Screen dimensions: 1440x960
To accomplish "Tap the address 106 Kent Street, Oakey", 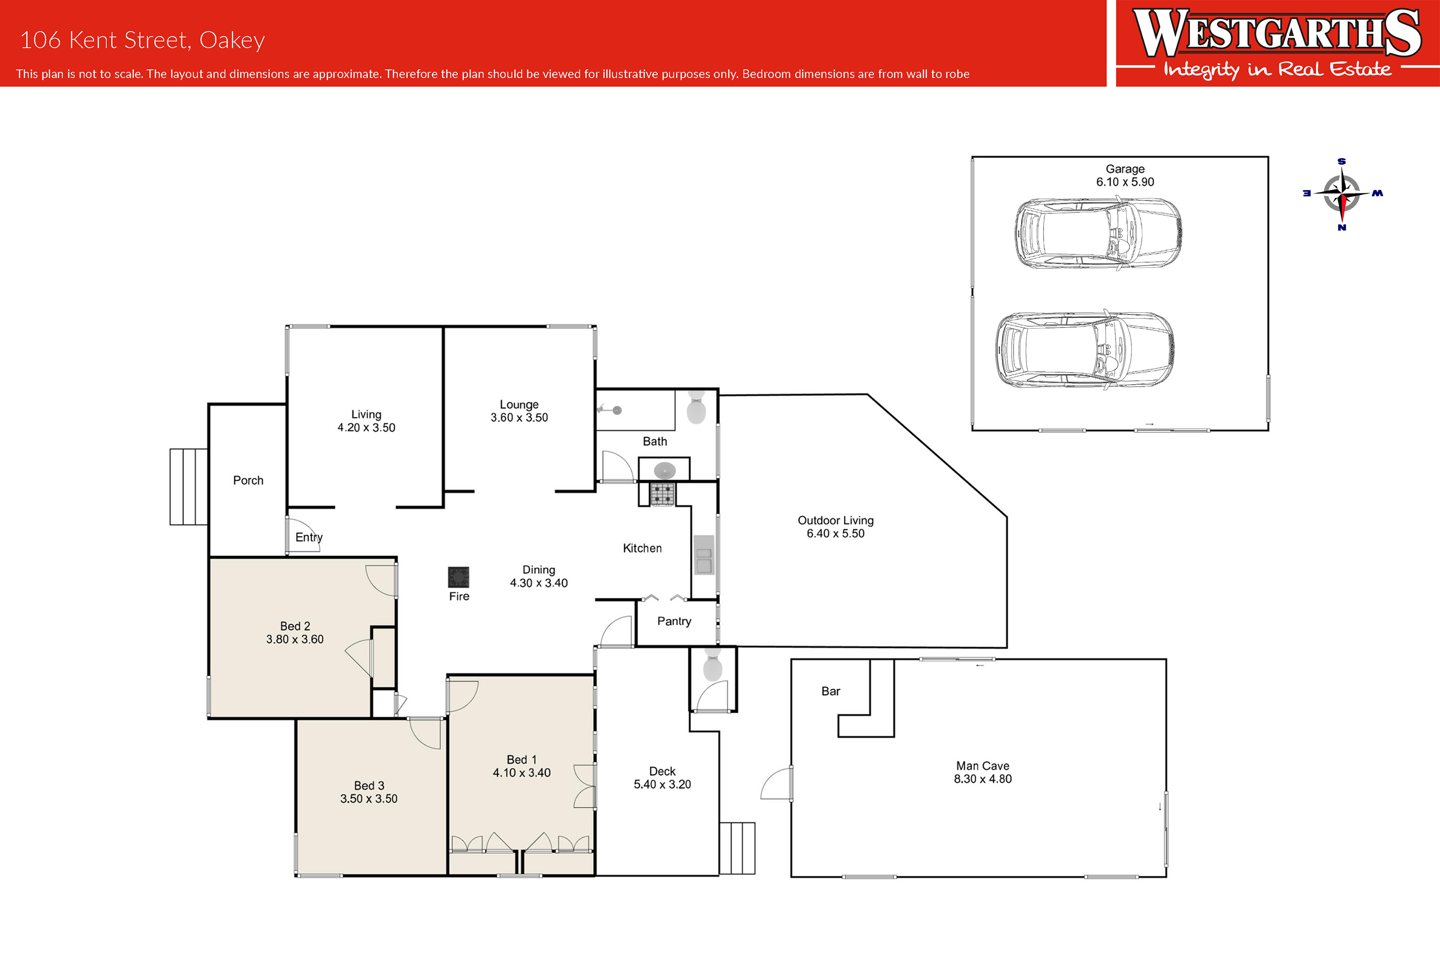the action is point(143,40).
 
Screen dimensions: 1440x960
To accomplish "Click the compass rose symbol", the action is point(1342,194).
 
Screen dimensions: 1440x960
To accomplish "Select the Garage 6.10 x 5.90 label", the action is point(1125,175).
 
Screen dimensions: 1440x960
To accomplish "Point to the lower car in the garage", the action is point(1084,349).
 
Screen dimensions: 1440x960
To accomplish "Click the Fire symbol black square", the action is point(458,577).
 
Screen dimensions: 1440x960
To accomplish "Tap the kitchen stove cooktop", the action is point(662,494).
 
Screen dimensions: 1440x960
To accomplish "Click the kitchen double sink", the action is point(704,555).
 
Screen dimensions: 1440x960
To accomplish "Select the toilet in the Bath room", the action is point(696,407).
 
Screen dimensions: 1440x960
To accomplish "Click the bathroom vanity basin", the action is point(665,470).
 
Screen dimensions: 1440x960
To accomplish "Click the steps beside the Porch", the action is point(189,487).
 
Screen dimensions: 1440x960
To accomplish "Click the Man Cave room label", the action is point(983,766).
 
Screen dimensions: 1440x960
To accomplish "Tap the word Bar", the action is point(830,691).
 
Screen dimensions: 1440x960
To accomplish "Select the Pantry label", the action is point(674,621).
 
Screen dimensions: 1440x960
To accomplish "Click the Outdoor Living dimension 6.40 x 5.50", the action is point(835,533).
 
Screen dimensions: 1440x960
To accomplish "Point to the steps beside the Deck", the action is point(737,848).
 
